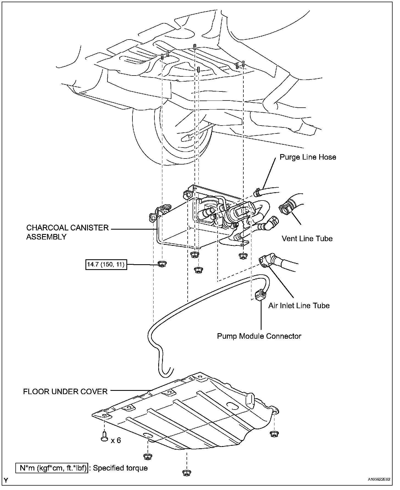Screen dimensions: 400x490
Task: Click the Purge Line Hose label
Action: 308,157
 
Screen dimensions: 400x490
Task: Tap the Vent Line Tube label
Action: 307,238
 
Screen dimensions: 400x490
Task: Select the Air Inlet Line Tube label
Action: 299,305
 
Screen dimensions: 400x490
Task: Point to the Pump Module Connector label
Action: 259,336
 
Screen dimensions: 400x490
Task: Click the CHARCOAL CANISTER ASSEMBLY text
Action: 68,232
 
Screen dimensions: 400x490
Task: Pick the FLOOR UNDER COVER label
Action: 65,391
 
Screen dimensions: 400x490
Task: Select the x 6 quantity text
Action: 116,440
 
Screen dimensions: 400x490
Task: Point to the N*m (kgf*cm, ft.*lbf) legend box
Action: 53,468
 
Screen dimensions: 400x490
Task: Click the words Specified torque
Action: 120,468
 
